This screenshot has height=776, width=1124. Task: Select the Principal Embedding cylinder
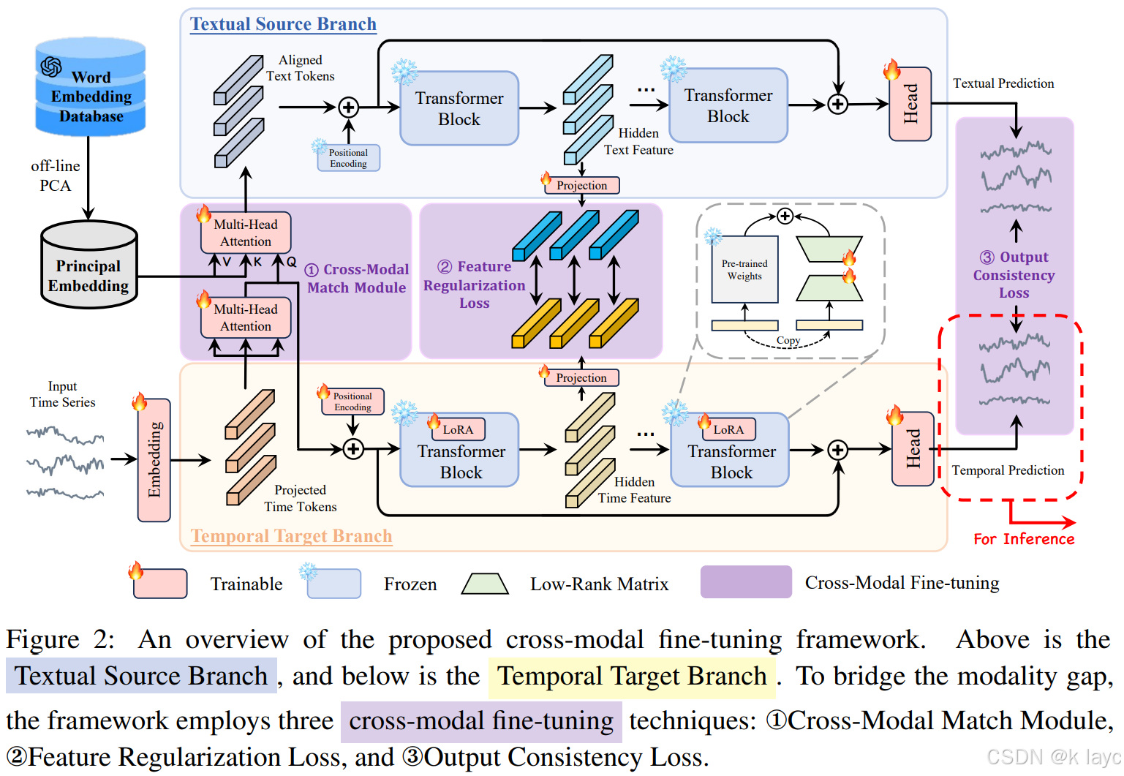click(x=89, y=267)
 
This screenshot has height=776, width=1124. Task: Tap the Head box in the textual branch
click(x=910, y=105)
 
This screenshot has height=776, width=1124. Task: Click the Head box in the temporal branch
click(x=913, y=449)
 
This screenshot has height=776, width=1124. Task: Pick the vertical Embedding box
click(x=154, y=460)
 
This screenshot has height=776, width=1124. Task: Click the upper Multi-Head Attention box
click(x=246, y=233)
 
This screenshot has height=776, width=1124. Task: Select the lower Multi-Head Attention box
click(x=246, y=317)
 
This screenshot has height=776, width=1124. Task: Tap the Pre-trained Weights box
click(x=744, y=269)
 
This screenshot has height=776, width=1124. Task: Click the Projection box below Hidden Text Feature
click(x=581, y=185)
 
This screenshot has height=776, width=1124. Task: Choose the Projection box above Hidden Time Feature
click(x=581, y=377)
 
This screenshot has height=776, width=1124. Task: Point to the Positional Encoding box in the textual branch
click(x=348, y=158)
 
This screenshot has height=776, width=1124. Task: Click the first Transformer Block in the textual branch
click(x=459, y=108)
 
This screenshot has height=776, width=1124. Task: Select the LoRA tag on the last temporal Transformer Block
click(x=728, y=429)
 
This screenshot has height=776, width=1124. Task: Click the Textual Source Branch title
click(x=283, y=24)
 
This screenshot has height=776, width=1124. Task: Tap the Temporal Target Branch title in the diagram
click(x=291, y=536)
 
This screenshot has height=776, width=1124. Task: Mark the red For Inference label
click(x=1024, y=539)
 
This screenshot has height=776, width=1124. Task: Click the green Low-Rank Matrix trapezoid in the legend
click(x=485, y=584)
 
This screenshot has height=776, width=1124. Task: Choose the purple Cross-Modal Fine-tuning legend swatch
click(x=746, y=582)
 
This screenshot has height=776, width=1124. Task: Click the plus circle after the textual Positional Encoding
click(x=349, y=108)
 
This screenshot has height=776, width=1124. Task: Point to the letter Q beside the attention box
click(x=292, y=261)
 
